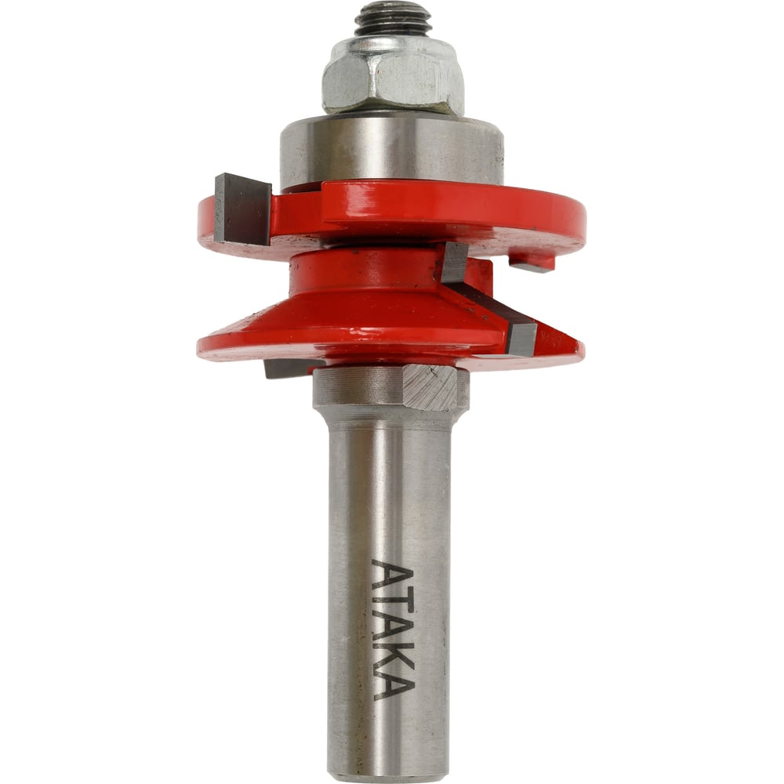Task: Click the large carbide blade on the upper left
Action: (242, 209)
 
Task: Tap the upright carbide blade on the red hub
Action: (453, 262)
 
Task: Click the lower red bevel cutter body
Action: (350, 325)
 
